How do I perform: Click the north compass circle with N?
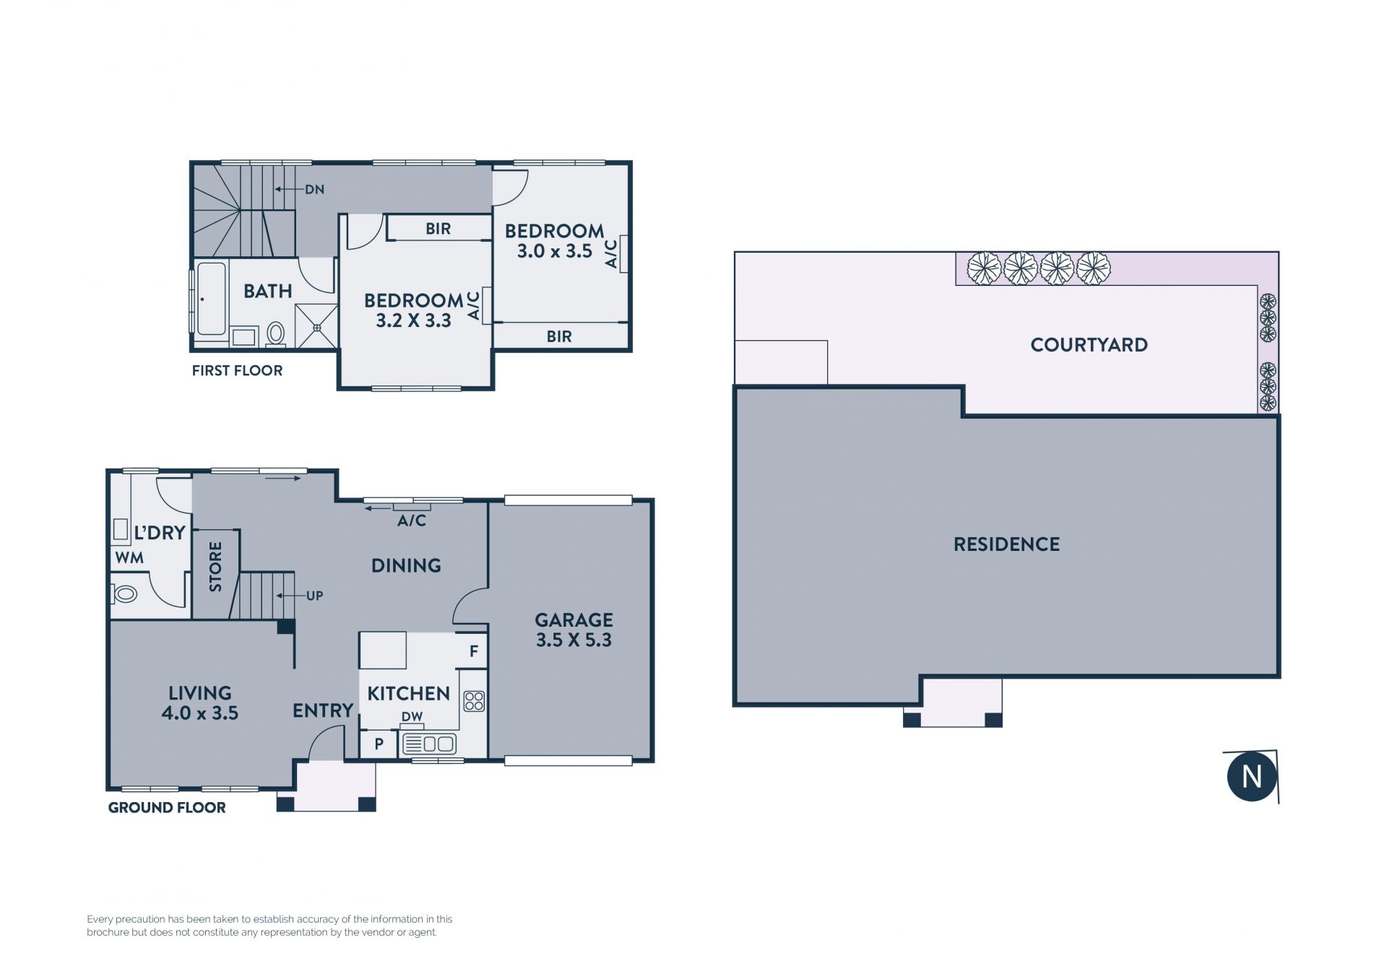[1251, 777]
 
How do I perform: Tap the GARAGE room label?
[574, 619]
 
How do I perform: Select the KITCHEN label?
[408, 693]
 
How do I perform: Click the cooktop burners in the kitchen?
[474, 700]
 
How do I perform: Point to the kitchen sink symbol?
[428, 744]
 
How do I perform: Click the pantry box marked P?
[379, 744]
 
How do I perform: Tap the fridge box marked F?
[474, 651]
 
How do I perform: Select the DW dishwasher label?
[412, 717]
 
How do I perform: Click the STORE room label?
[215, 567]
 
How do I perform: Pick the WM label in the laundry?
[129, 557]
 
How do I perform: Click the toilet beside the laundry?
[124, 594]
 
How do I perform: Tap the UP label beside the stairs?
[314, 596]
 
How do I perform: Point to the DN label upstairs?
[314, 189]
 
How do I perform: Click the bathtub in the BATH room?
[211, 298]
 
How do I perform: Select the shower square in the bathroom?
[316, 327]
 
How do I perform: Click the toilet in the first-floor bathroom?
[275, 334]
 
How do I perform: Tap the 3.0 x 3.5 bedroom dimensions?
[554, 251]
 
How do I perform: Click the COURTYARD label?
[1089, 344]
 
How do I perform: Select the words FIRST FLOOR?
[237, 370]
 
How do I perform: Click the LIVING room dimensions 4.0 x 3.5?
[199, 713]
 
